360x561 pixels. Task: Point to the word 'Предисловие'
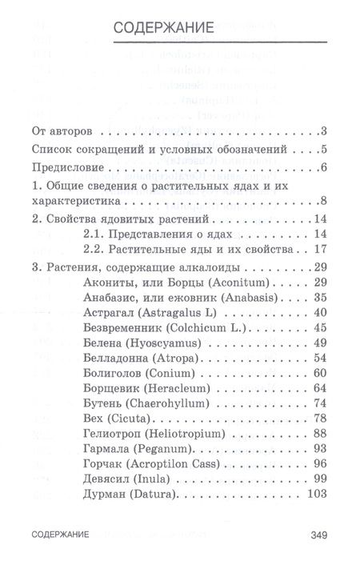coord(66,167)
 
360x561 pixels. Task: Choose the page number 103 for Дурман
coord(318,495)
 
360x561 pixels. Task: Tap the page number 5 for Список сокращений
coord(325,150)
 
